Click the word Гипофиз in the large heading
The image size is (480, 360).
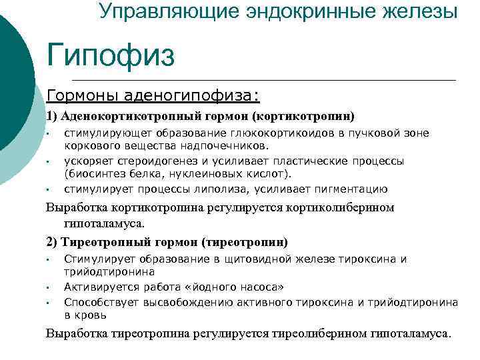click(x=111, y=55)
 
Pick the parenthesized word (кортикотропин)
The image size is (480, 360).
click(x=304, y=115)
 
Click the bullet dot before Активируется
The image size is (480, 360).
click(x=49, y=288)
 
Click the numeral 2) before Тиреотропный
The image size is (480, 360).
click(x=52, y=241)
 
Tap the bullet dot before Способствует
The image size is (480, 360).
click(x=49, y=303)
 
